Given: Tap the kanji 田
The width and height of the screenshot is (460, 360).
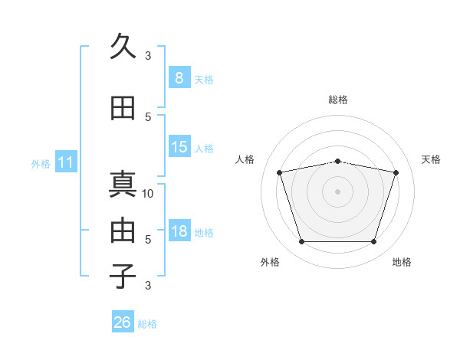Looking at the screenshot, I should (x=123, y=108).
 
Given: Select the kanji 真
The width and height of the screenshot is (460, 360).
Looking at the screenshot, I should (x=123, y=185).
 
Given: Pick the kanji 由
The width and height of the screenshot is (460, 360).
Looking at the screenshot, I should (x=123, y=230).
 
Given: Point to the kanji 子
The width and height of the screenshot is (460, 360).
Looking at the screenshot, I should (x=123, y=275).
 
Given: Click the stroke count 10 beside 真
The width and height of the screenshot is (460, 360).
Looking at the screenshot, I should (x=148, y=193).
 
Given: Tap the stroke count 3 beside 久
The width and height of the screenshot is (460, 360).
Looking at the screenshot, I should (x=148, y=55).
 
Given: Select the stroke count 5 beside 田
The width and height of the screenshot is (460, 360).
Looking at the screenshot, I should (x=148, y=116).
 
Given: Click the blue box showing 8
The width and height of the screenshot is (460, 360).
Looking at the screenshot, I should (x=179, y=77).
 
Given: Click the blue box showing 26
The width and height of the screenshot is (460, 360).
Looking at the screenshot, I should (x=123, y=322).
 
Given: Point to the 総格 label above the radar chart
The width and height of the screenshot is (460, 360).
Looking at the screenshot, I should (x=338, y=100).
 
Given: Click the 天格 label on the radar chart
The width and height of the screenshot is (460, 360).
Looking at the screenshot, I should (x=432, y=159).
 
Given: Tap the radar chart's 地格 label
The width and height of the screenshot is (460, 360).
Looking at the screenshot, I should (x=402, y=262).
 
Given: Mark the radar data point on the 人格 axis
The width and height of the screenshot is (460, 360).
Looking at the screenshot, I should (x=280, y=172).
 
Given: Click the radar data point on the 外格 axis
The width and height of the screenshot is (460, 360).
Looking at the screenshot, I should (x=301, y=242).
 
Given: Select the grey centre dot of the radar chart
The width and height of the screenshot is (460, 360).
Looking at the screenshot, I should (x=338, y=191).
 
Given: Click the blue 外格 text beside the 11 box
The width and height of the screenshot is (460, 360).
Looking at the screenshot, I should (x=41, y=163).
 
